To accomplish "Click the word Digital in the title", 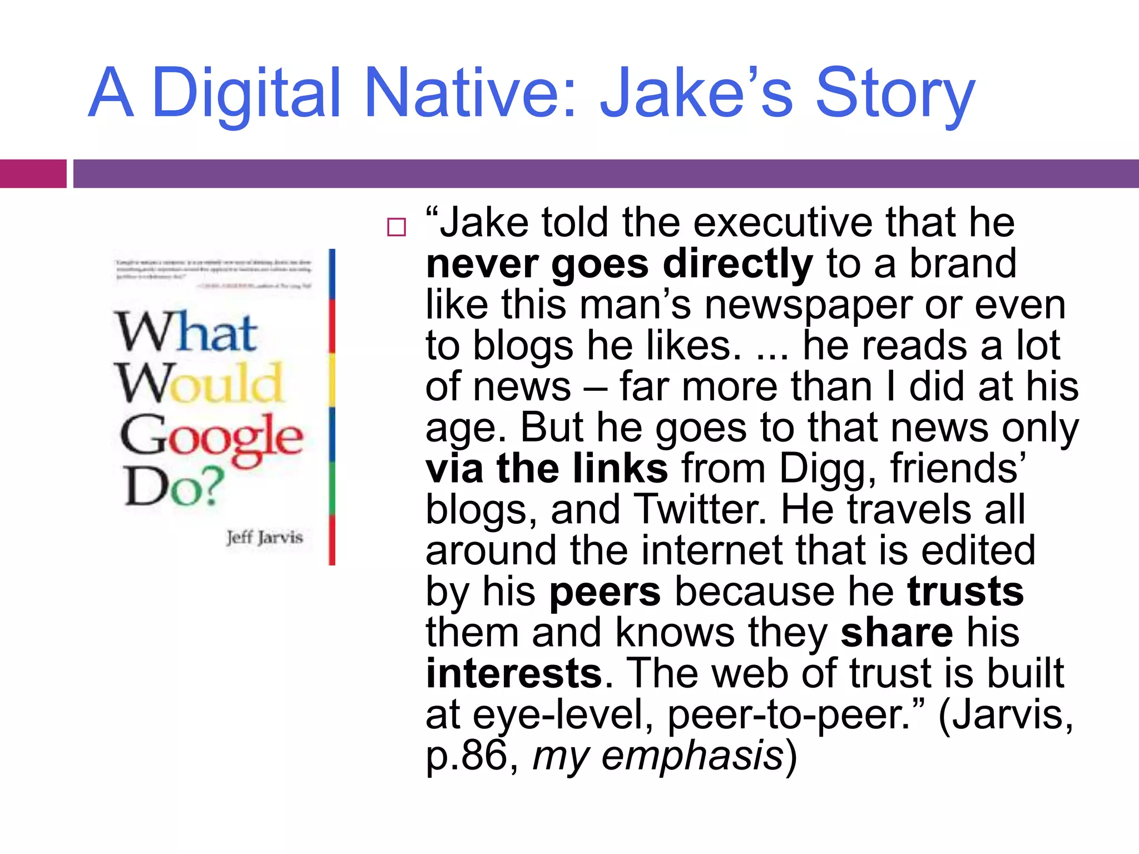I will click(x=245, y=93).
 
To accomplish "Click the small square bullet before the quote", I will click(x=397, y=227).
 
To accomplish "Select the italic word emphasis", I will click(x=692, y=756).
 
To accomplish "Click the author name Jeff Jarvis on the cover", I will click(x=265, y=538).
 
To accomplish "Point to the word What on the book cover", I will click(x=186, y=332).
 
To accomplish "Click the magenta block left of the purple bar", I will click(x=33, y=173).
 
